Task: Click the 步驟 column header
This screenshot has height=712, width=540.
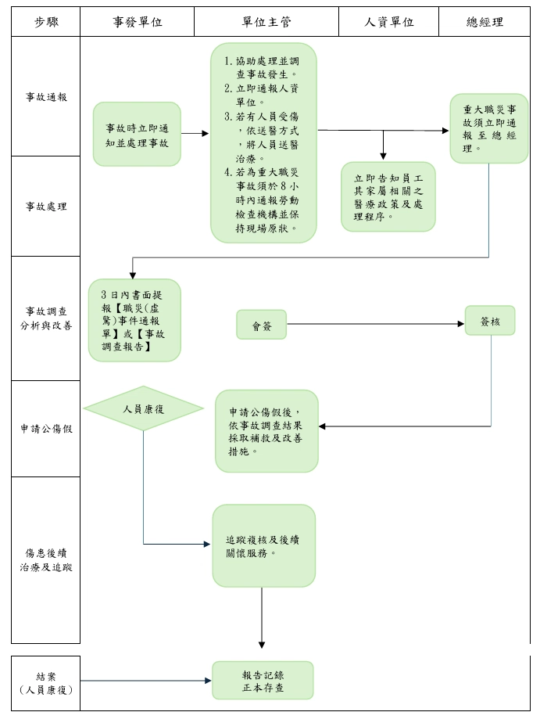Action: (46, 22)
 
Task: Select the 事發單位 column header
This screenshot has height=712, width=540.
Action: (137, 22)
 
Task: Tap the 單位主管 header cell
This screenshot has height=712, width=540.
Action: (266, 22)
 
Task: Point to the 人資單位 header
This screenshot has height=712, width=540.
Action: (388, 22)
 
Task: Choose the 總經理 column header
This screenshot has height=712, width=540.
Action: (485, 22)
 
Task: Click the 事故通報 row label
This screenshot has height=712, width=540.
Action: (46, 97)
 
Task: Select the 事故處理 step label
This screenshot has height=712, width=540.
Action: (46, 207)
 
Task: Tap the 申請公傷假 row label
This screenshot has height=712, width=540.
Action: (46, 429)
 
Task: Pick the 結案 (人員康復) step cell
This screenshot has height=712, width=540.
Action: (46, 683)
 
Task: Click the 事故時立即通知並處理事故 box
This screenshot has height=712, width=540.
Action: (137, 135)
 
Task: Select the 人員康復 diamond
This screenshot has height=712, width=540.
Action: (143, 408)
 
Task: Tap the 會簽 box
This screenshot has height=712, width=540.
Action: (262, 325)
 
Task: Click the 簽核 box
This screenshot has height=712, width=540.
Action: (490, 321)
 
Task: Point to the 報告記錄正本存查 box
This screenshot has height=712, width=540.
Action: (263, 680)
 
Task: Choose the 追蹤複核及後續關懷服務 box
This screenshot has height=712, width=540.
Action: (264, 546)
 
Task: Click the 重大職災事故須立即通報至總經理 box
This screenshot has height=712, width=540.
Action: (489, 128)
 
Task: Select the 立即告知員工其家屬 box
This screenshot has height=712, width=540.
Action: (388, 196)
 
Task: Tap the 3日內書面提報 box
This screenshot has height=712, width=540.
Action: (134, 320)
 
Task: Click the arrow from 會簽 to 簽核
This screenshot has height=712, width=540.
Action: (375, 324)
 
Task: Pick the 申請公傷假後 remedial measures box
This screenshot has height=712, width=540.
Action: (266, 431)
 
